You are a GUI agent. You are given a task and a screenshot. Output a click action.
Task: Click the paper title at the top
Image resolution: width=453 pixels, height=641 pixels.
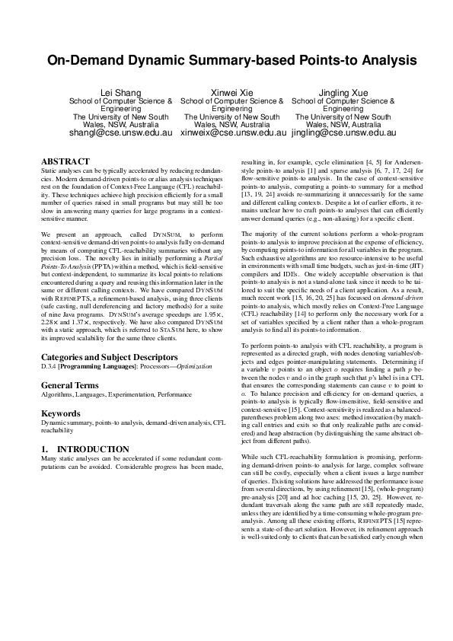tap(226, 60)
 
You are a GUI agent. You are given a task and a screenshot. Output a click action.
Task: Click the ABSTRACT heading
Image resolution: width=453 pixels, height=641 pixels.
tap(65, 161)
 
